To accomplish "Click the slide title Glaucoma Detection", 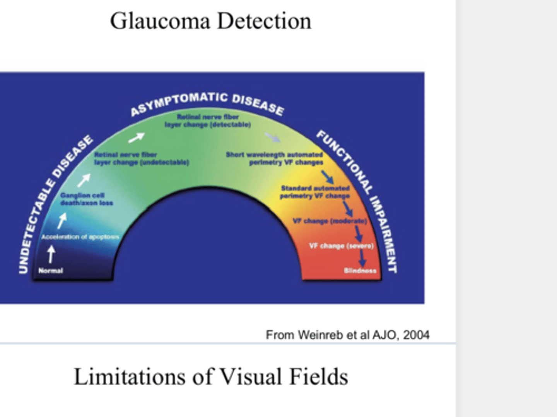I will pos(210,21).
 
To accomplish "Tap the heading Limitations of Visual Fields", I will pos(211,376).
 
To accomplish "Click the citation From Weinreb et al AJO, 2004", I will pos(347,335).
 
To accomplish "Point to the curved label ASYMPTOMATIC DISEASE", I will pos(207,103).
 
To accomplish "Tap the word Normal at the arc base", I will pos(51,271).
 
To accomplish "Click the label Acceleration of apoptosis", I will pos(80,237).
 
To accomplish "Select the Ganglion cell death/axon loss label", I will pos(87,199).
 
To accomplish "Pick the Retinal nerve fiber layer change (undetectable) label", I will pos(141,158).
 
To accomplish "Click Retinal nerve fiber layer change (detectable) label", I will pos(208,120).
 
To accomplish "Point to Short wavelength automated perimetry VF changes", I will pos(275,158).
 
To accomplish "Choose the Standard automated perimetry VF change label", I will pos(315,192).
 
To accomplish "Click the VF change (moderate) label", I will pos(330,221).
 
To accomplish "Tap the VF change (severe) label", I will pos(341,246).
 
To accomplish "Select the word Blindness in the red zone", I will pos(360,271).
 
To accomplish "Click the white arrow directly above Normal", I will pos(51,254).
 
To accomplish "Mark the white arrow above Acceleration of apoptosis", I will pos(62,220).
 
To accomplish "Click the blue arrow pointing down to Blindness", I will pos(362,257).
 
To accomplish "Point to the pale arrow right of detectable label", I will pos(272,137).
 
